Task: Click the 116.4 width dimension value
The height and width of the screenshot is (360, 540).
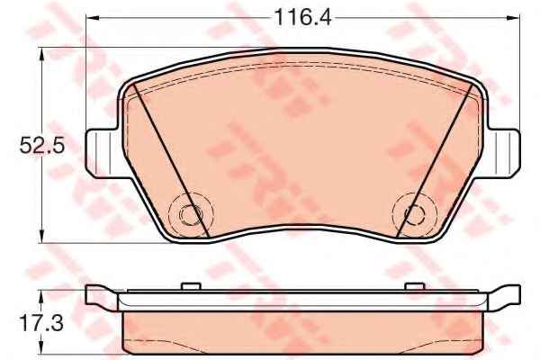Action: pos(302,18)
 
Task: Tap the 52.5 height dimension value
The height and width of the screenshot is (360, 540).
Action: pos(42,146)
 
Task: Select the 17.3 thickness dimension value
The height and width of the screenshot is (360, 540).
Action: pos(41,323)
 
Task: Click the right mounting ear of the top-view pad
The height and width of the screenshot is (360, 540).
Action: pos(503,153)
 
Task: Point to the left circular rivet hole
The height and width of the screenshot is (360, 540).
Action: pos(191,214)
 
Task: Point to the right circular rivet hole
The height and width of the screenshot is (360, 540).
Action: pos(414,214)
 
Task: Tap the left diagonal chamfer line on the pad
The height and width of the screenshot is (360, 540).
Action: pos(171,161)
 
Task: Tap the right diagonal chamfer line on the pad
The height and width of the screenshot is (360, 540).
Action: pos(435,161)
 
